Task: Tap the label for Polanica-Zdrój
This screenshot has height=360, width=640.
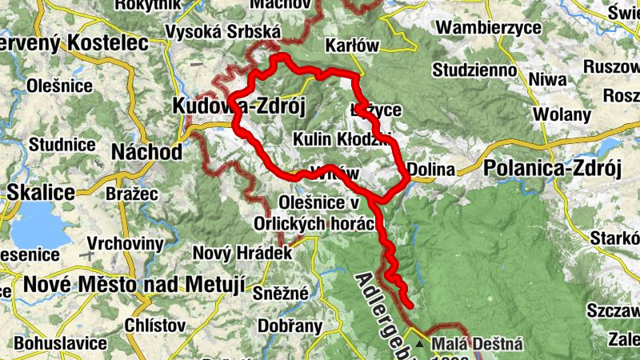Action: coord(552,169)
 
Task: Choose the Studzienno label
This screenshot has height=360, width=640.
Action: coord(475,70)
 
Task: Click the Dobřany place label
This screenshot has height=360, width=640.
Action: coord(290,326)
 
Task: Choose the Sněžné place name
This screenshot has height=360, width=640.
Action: coord(280,293)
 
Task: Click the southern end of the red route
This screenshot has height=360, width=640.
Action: coord(409,305)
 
